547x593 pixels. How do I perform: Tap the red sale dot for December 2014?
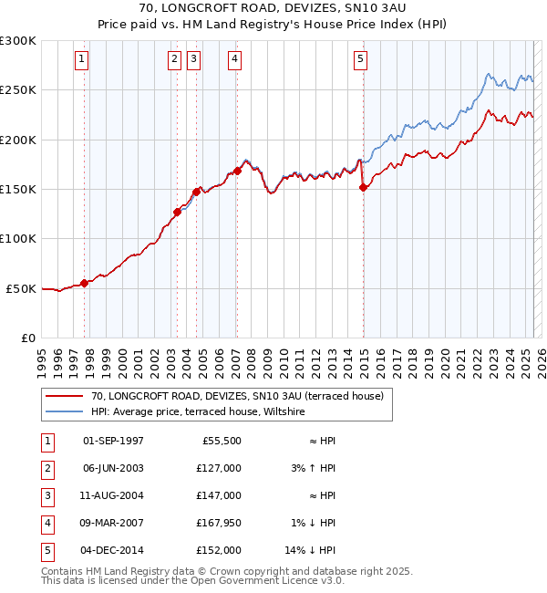pyautogui.click(x=363, y=187)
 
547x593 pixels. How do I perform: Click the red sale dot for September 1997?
pyautogui.click(x=85, y=283)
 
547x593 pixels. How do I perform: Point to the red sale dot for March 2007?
pyautogui.click(x=237, y=171)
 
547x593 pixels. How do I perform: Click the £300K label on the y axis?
pyautogui.click(x=18, y=41)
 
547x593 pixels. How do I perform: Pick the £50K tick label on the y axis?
pyautogui.click(x=22, y=288)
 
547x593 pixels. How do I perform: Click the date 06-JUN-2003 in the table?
pyautogui.click(x=113, y=468)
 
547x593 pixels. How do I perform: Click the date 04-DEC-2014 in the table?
pyautogui.click(x=113, y=550)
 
